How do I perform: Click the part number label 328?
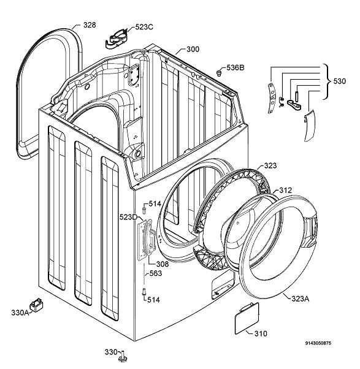90,25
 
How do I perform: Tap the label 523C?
144,27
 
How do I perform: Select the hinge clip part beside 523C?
117,39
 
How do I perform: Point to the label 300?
193,49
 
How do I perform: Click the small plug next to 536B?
220,73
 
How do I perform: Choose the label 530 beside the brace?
340,81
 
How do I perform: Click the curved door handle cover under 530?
309,126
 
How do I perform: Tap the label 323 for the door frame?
270,165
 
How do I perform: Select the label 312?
285,190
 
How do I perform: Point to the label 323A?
300,299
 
